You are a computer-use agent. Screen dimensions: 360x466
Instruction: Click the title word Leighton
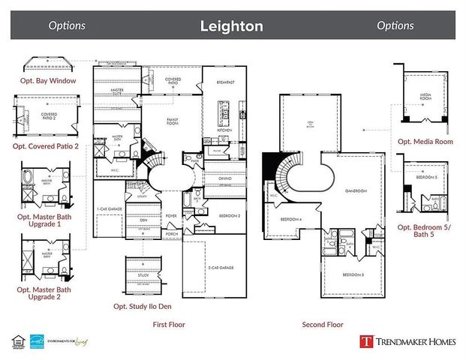[231, 26]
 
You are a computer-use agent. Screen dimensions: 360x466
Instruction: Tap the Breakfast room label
[227, 82]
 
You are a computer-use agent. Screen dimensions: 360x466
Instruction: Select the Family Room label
[177, 119]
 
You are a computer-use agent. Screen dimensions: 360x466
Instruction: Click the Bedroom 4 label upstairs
[291, 220]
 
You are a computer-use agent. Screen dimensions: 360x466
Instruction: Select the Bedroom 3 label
[353, 275]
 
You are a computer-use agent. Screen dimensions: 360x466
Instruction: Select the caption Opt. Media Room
[425, 141]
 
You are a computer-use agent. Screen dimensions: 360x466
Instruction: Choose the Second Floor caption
[322, 325]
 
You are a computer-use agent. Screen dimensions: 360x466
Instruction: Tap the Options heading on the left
[67, 25]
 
